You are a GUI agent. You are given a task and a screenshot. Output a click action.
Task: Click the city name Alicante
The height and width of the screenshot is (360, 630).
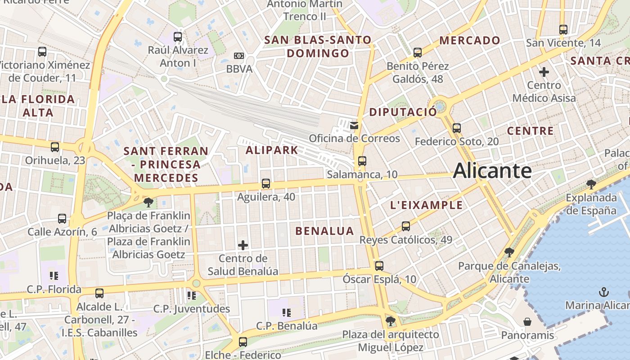pyautogui.click(x=492, y=171)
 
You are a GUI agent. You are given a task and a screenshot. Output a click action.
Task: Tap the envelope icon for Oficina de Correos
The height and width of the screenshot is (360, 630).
pyautogui.click(x=355, y=125)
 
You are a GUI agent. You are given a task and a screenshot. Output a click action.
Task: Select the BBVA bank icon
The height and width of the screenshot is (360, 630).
pyautogui.click(x=239, y=56)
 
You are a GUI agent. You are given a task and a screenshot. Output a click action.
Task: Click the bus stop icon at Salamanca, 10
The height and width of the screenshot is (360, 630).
pyautogui.click(x=362, y=161)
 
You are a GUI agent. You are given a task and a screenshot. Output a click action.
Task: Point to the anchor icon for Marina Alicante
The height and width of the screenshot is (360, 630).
pyautogui.click(x=603, y=292)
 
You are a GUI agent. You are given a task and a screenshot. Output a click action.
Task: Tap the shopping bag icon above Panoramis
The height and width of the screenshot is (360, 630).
pyautogui.click(x=527, y=322)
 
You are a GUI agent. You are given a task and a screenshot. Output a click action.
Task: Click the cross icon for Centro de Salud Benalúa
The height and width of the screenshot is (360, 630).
pyautogui.click(x=243, y=245)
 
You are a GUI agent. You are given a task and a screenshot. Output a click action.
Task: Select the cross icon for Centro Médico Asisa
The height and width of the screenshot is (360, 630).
pyautogui.click(x=544, y=72)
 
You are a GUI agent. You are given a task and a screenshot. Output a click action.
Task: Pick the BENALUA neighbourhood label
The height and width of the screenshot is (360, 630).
pyautogui.click(x=324, y=231)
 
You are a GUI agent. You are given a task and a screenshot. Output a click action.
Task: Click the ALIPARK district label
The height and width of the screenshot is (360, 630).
pyautogui.click(x=272, y=150)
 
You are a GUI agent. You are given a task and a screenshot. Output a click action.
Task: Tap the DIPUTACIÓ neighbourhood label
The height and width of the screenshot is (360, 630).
pyautogui.click(x=403, y=112)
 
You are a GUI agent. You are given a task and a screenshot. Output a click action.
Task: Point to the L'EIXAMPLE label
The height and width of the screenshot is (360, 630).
pyautogui.click(x=426, y=205)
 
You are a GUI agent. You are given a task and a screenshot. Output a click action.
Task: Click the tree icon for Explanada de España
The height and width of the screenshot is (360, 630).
pyautogui.click(x=591, y=184)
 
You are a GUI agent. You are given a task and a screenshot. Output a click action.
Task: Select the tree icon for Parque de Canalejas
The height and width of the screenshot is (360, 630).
pyautogui.click(x=509, y=252)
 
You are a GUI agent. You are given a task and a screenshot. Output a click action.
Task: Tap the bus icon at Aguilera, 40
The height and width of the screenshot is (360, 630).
pyautogui.click(x=266, y=184)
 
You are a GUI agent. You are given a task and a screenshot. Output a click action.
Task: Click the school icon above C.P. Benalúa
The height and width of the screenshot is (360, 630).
pyautogui.click(x=286, y=312)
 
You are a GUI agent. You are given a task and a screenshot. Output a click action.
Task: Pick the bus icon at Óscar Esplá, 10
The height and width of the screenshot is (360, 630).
pyautogui.click(x=379, y=266)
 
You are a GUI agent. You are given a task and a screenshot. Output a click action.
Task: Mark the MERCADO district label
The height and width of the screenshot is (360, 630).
pyautogui.click(x=470, y=40)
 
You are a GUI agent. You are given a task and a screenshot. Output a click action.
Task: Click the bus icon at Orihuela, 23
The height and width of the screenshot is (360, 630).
pyautogui.click(x=55, y=147)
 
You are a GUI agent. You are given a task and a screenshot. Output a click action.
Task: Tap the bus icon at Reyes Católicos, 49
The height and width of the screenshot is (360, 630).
pyautogui.click(x=406, y=226)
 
